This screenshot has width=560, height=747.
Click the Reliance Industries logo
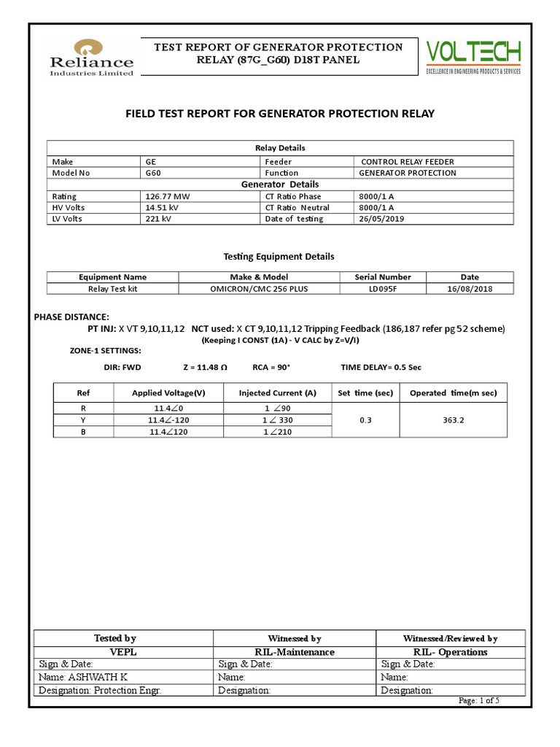tap(91, 57)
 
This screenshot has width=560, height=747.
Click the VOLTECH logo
tap(473, 56)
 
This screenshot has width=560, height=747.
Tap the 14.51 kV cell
tap(163, 208)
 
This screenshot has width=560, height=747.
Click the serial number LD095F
tap(382, 288)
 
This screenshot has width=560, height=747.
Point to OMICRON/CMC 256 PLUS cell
tap(259, 288)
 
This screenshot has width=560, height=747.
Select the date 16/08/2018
tap(470, 288)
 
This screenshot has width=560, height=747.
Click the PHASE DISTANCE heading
tap(71, 317)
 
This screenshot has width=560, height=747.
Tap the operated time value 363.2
tap(454, 420)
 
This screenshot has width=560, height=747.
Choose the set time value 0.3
tap(365, 420)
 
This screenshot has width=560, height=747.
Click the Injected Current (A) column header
tap(277, 393)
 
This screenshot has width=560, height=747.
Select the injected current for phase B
tap(277, 432)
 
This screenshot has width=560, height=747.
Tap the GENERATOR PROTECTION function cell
tap(407, 173)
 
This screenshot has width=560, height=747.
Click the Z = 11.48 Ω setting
tap(205, 368)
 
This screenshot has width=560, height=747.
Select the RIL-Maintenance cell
tap(295, 651)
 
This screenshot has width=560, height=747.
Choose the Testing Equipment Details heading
tap(279, 257)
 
